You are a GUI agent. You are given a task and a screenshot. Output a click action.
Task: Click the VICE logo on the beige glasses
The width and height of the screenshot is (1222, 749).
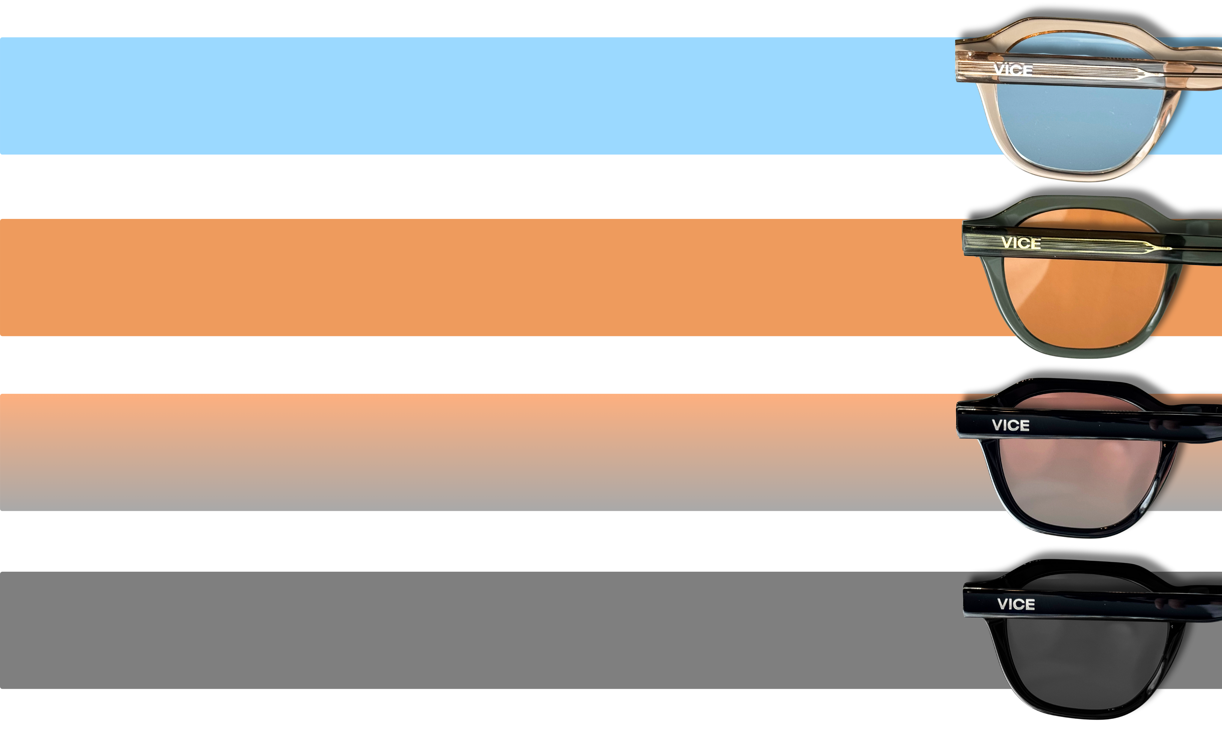pyautogui.click(x=1013, y=70)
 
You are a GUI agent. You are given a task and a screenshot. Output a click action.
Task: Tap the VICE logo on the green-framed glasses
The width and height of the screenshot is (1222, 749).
pyautogui.click(x=1021, y=243)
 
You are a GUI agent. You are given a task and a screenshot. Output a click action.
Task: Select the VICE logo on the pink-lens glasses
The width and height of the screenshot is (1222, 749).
pyautogui.click(x=1011, y=425)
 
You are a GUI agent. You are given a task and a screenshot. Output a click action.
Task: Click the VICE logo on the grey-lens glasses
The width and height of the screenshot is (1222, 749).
pyautogui.click(x=1016, y=604)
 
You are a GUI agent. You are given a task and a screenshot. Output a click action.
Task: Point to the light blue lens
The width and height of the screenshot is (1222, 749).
pyautogui.click(x=1076, y=124)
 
